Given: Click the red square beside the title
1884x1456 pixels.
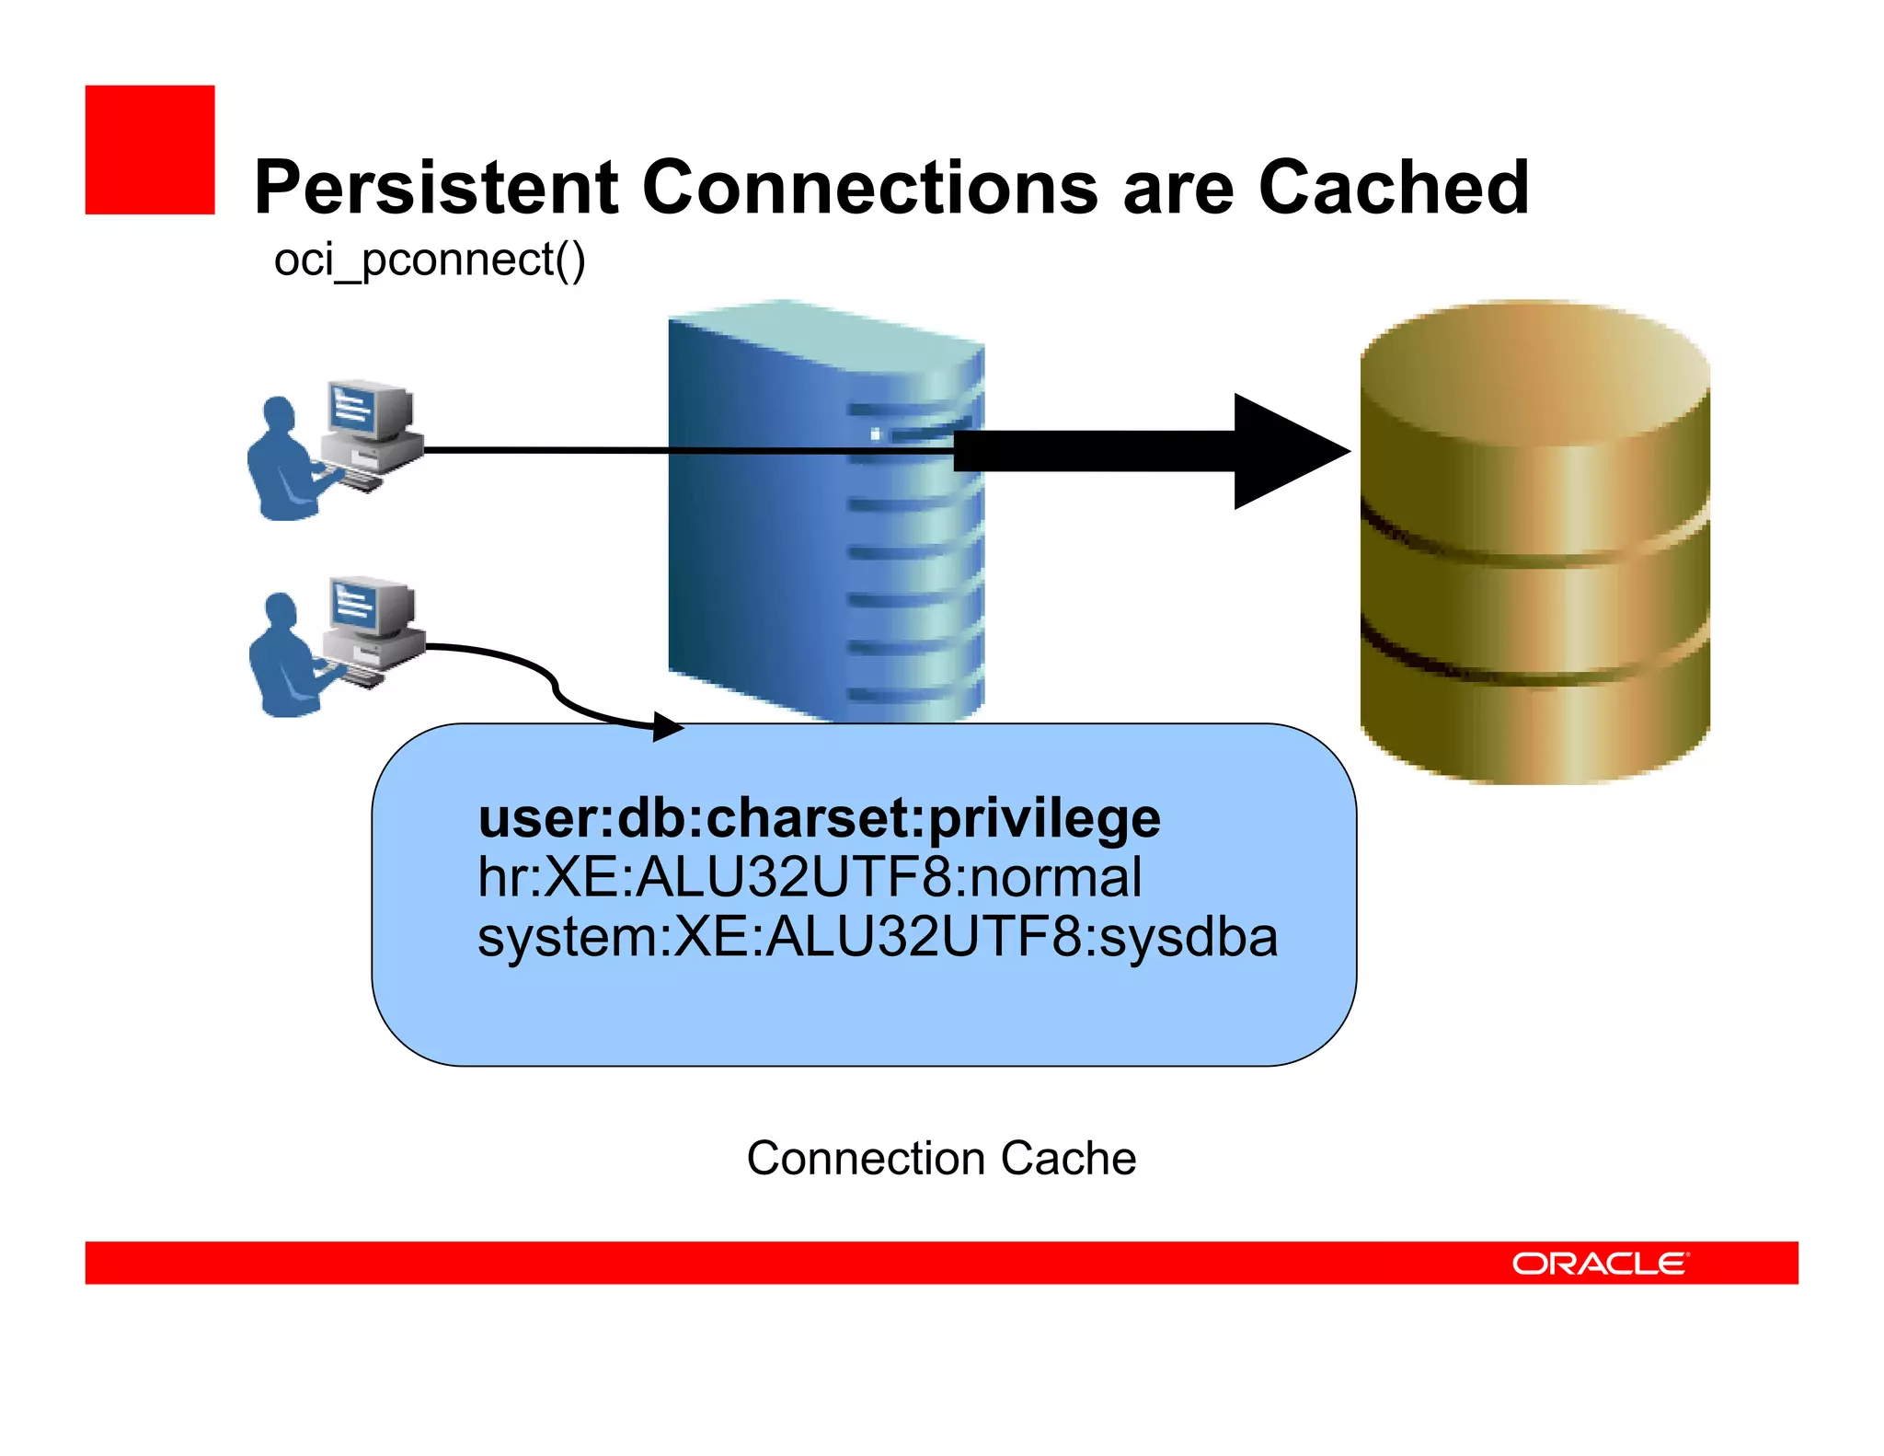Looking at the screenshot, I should click(x=150, y=150).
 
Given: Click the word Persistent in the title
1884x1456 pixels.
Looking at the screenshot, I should click(x=436, y=188).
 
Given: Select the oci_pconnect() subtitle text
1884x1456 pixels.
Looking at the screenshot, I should click(x=430, y=260).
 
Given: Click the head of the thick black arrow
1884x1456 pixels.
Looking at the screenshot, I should click(x=1288, y=451).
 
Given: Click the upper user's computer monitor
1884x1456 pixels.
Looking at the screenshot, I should click(x=368, y=409).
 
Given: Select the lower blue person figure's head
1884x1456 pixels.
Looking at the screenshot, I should click(x=280, y=609).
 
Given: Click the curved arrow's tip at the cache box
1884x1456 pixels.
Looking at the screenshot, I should click(x=670, y=727).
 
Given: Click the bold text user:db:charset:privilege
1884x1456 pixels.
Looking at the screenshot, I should click(x=819, y=817).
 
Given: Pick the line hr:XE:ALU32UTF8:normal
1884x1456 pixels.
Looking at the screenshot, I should click(x=810, y=877).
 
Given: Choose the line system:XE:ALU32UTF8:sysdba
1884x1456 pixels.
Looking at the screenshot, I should click(x=877, y=937).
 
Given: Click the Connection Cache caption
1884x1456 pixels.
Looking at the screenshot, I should click(x=941, y=1158).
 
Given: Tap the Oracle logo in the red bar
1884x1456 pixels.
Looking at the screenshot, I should click(x=1600, y=1264).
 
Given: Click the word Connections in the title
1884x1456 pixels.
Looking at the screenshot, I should click(x=870, y=188).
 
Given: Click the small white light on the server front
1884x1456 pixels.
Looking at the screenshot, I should click(x=875, y=433).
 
